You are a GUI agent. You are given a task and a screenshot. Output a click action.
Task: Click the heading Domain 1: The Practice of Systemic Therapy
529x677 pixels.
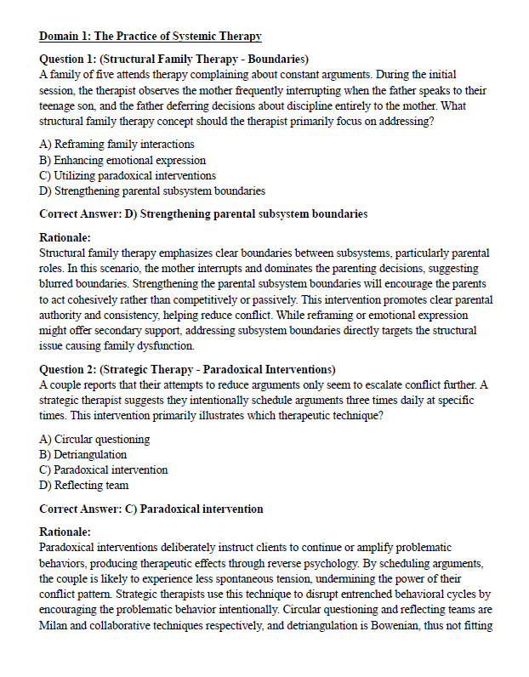150,37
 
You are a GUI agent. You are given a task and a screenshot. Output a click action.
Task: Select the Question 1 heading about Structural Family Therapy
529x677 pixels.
173,59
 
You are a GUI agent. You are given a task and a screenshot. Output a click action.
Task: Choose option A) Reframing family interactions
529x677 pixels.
117,145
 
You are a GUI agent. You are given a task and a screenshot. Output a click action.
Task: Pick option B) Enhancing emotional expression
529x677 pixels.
122,160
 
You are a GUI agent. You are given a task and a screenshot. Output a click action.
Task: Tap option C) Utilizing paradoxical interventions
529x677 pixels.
128,175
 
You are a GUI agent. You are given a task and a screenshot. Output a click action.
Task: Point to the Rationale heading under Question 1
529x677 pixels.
65,237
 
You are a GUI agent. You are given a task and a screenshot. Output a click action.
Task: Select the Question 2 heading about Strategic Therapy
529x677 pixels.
187,369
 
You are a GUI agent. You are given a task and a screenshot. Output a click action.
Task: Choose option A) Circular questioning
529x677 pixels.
94,440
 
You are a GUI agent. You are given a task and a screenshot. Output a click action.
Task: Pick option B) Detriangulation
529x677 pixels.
83,455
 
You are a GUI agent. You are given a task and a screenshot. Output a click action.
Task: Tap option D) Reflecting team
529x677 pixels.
84,486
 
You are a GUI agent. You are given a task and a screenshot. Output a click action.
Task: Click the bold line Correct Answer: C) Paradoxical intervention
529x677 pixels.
151,509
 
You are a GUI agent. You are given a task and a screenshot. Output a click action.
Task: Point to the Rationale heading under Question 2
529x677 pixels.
65,532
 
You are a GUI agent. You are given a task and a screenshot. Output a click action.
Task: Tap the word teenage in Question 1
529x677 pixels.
60,105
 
